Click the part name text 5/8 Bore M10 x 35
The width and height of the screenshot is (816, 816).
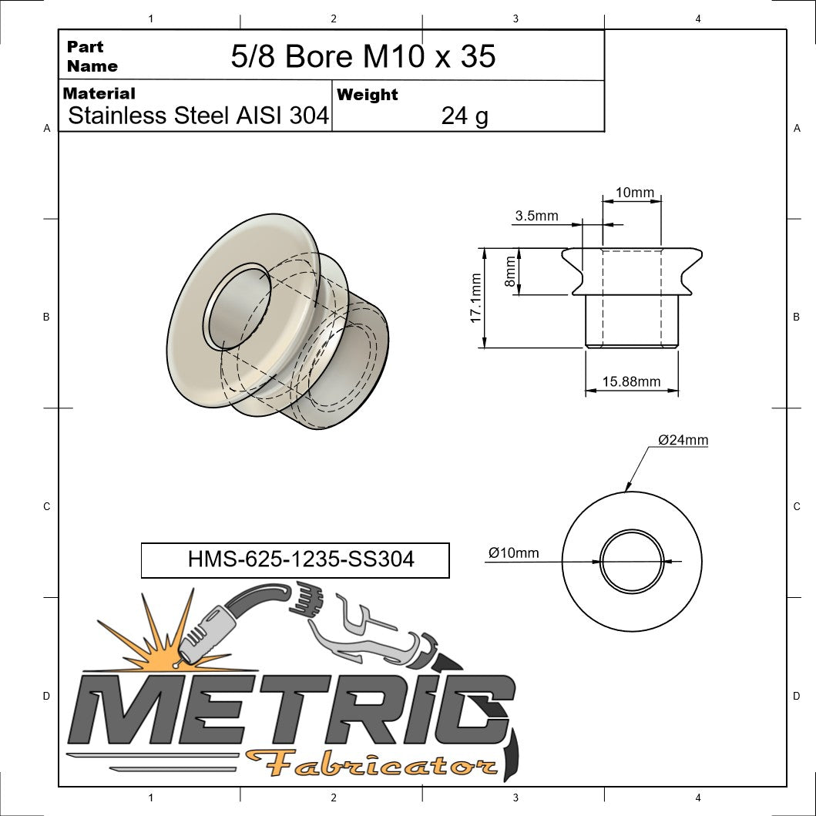tap(363, 56)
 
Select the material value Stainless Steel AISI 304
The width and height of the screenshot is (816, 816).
tap(198, 116)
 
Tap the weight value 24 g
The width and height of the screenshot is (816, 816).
tap(464, 116)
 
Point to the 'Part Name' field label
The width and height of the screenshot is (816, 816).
tap(92, 56)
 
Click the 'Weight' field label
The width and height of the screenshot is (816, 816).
tap(368, 95)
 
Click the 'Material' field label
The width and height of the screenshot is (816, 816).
tap(99, 93)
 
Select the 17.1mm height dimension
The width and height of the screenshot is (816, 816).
tap(475, 297)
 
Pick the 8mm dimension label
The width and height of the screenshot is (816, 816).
tap(509, 272)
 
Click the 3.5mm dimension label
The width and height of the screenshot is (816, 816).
tap(536, 216)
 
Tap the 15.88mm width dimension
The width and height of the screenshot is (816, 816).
tap(631, 381)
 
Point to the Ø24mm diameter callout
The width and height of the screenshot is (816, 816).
tap(683, 440)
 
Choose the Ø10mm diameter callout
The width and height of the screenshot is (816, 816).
tap(514, 552)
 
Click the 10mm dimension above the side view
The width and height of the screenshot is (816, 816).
tap(635, 192)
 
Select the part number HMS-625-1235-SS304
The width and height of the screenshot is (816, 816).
tap(301, 559)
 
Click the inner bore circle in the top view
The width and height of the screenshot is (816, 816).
tap(631, 561)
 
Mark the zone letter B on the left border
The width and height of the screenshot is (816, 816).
tap(46, 317)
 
